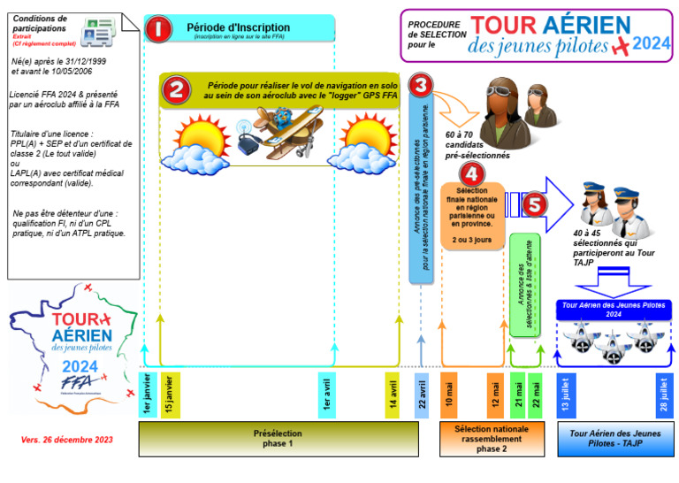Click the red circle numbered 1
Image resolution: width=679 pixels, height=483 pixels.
(158, 28)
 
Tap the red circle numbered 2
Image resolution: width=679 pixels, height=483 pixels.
(175, 89)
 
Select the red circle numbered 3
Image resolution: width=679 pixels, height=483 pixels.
(422, 85)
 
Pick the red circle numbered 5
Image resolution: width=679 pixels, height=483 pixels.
(533, 205)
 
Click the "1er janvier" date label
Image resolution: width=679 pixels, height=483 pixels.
(149, 394)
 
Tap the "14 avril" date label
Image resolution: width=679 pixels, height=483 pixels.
(393, 394)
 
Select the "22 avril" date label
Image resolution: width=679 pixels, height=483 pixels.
(422, 394)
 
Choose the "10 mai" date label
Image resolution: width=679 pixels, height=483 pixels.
(449, 394)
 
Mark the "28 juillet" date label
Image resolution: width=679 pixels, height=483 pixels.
(664, 394)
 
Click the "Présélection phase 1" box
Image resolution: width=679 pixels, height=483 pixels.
(278, 439)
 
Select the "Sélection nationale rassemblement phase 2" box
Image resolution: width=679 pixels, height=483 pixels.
(492, 439)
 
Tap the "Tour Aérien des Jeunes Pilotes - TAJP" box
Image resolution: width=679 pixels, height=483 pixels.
(615, 439)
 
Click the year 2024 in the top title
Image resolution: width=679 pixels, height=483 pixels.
(651, 42)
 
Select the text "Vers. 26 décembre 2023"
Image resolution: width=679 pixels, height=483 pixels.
(67, 440)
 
